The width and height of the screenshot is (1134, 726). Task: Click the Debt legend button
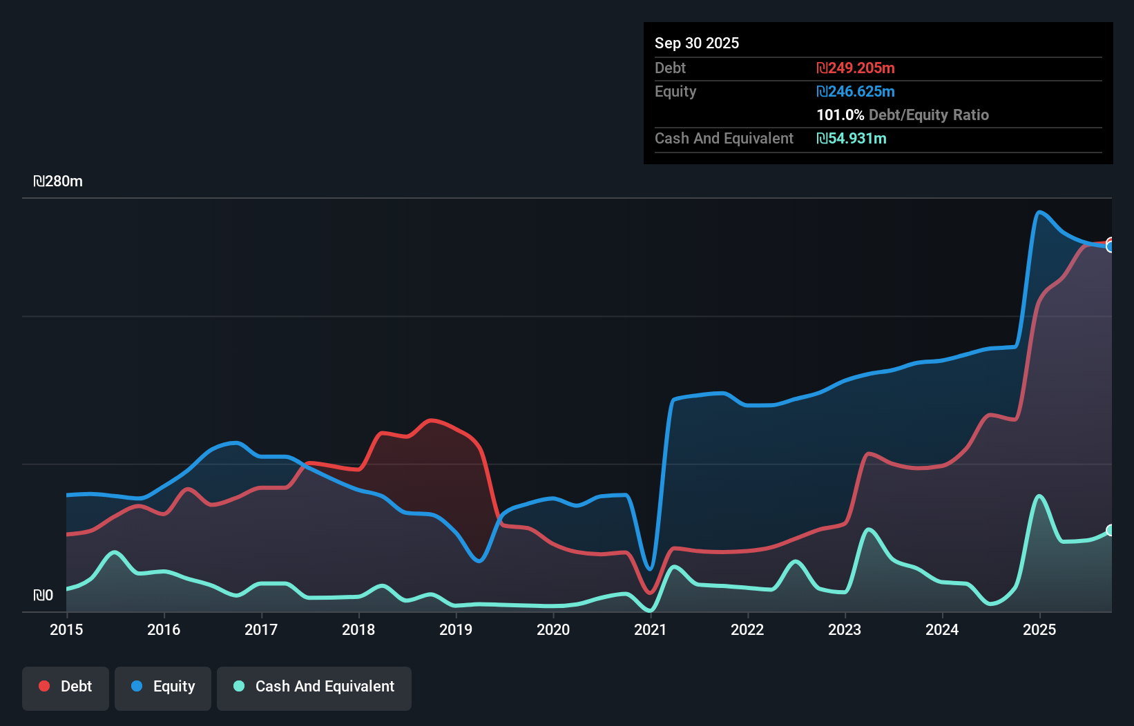point(66,687)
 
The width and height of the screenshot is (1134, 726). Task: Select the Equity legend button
point(163,687)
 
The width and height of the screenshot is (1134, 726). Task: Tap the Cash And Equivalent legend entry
point(314,687)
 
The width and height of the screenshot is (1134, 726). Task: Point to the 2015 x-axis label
point(66,629)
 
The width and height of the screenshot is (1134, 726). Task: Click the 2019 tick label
point(456,629)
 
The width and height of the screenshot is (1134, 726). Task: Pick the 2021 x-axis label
point(651,629)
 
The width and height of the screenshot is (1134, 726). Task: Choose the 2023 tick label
point(845,629)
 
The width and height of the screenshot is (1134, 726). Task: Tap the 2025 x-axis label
point(1039,629)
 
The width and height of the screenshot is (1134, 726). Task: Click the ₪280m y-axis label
point(58,181)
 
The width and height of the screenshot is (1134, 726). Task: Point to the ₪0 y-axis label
point(44,595)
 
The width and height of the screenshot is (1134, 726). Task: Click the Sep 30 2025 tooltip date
point(696,43)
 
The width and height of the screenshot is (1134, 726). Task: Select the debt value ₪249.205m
point(855,68)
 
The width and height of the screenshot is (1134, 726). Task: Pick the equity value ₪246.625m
point(855,91)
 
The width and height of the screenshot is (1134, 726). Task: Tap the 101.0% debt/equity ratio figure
point(840,115)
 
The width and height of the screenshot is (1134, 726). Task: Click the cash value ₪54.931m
point(851,138)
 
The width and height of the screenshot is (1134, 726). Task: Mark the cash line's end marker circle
point(1111,530)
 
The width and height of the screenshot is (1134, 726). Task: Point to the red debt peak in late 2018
point(431,420)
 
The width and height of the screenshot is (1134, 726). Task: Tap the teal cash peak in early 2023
point(869,529)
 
